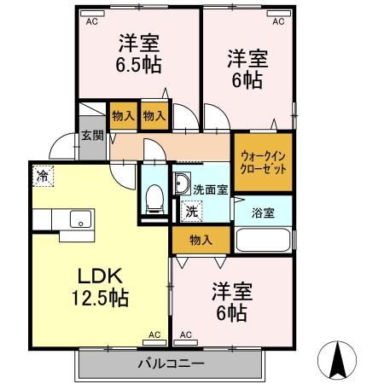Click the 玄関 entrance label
[x=92, y=136]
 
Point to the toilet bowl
[x=154, y=197]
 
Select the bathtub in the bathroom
[x=264, y=240]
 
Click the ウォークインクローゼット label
[x=263, y=162]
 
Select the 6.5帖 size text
[x=139, y=64]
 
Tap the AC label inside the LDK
[x=154, y=335]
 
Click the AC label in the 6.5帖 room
[x=91, y=23]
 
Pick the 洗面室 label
[x=209, y=189]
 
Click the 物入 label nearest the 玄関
[x=123, y=115]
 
